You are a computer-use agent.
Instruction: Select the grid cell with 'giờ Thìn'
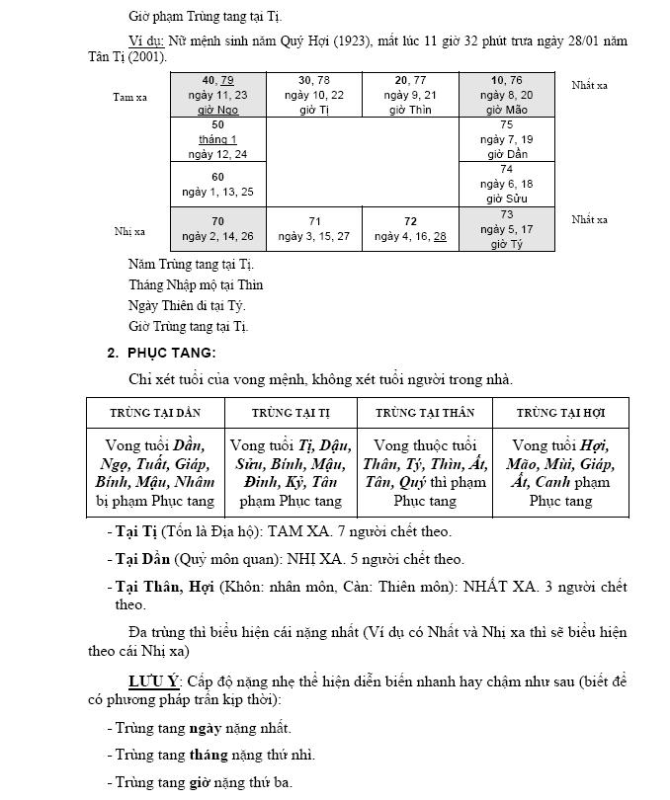(410, 95)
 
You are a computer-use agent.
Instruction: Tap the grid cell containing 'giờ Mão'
(507, 95)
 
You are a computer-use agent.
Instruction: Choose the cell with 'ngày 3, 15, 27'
(314, 229)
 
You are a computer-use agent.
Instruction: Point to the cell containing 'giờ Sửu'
(507, 185)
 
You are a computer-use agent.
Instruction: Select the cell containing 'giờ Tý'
(507, 229)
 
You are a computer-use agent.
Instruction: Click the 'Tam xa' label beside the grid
(129, 97)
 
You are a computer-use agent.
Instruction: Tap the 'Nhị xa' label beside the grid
(129, 231)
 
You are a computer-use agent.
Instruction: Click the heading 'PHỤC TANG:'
(169, 353)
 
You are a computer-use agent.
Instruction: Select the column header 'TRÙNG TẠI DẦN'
(155, 412)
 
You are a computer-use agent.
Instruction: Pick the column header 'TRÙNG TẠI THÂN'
(425, 412)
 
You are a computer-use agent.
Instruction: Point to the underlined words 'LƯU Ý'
(152, 682)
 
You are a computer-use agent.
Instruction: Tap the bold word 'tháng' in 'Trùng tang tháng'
(209, 756)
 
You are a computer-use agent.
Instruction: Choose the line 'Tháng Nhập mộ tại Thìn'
(196, 285)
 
